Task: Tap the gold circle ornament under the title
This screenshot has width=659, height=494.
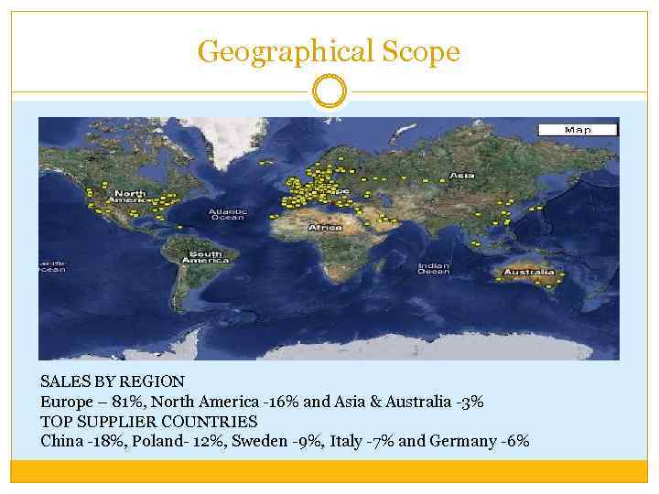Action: [x=329, y=91]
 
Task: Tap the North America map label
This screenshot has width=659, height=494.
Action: [x=129, y=197]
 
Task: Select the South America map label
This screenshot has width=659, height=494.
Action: [x=205, y=257]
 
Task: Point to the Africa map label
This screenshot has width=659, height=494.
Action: [x=325, y=227]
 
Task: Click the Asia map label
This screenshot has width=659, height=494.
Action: [x=462, y=175]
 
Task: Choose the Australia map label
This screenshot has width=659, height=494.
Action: [x=528, y=272]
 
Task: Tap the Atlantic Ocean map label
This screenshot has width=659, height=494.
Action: [x=228, y=214]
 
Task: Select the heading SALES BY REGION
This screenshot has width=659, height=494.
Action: [x=113, y=381]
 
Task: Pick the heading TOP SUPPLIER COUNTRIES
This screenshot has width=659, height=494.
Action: [x=149, y=422]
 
